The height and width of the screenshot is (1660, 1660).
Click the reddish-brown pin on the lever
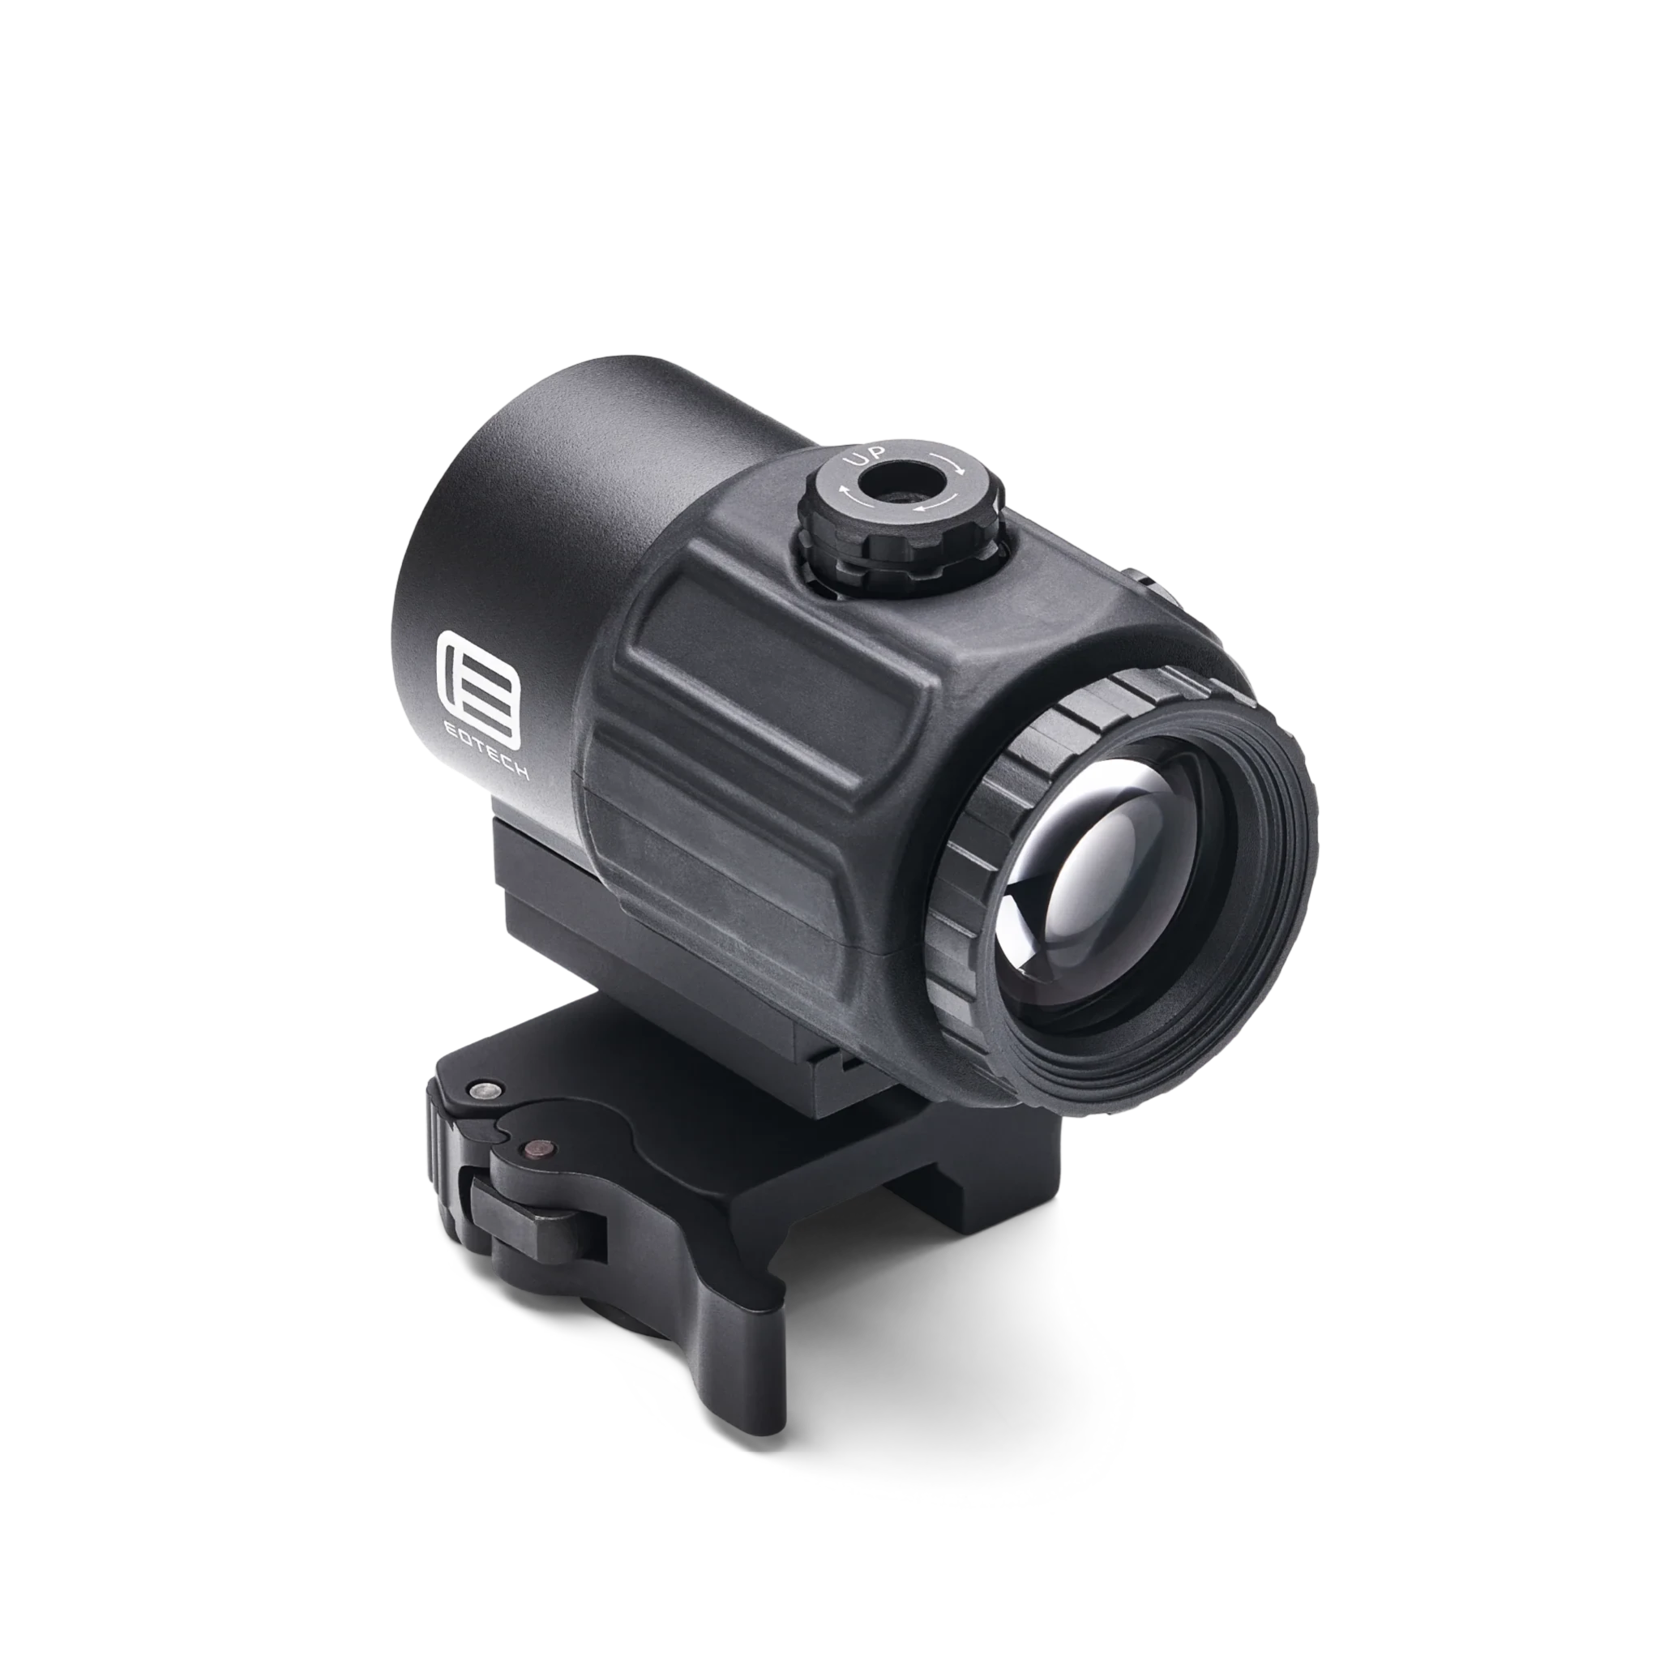(540, 1145)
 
